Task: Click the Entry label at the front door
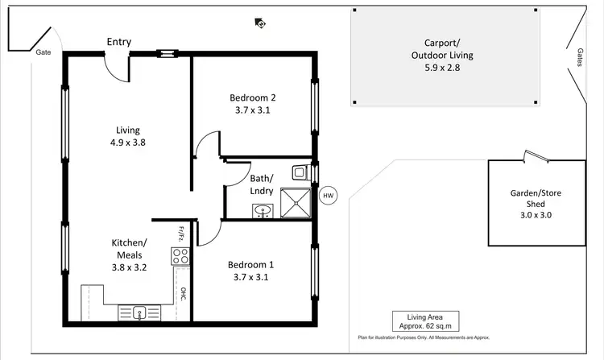point(118,42)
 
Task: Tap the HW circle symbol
point(328,196)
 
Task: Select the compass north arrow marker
point(259,23)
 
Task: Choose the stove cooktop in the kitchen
point(180,257)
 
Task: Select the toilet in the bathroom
point(300,172)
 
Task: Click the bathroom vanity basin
point(262,212)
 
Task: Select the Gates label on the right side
point(580,57)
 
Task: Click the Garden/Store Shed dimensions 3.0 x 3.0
point(536,216)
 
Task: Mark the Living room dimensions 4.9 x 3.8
point(127,143)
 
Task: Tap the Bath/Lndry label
point(262,184)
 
